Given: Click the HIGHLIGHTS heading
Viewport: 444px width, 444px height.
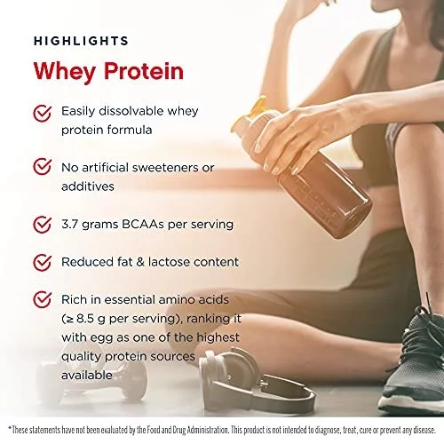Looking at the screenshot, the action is tap(81, 41).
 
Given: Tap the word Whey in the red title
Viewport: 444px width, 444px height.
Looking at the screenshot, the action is tap(65, 72).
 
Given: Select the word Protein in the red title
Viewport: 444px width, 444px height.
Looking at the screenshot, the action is tap(144, 71).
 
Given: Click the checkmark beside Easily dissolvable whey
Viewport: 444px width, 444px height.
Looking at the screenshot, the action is tap(43, 114).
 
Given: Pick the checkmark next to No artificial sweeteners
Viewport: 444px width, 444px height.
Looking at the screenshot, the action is tap(43, 167).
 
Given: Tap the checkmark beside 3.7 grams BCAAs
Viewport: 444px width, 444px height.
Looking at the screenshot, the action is tap(43, 225).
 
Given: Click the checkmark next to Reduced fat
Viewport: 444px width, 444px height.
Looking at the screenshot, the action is tap(43, 262).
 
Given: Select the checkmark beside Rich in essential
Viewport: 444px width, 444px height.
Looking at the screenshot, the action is tap(43, 299).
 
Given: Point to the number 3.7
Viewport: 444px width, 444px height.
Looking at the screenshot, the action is tap(70, 224).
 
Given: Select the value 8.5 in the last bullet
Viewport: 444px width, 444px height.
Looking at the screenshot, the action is tap(86, 319).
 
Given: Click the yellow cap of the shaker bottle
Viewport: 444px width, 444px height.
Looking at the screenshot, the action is tap(251, 114).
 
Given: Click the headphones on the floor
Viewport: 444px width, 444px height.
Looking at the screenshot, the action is tap(255, 382).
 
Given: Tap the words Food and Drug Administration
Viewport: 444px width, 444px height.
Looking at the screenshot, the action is tap(187, 430).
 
